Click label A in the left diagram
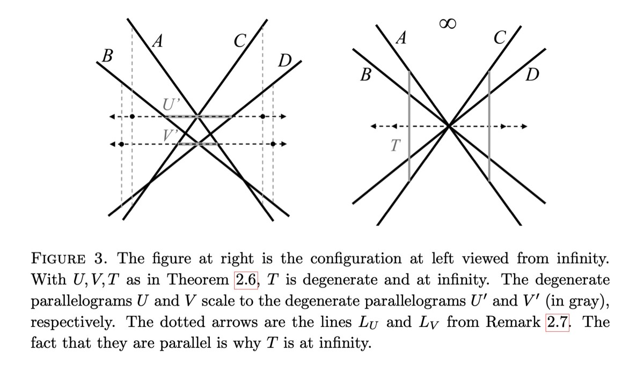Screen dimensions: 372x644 pos(157,41)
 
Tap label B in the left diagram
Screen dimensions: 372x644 pos(107,56)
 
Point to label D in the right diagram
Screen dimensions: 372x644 pos(532,76)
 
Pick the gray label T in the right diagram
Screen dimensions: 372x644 pos(396,145)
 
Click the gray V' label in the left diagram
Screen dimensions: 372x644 pos(171,133)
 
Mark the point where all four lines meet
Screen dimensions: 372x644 pos(449,127)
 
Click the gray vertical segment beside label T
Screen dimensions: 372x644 pos(409,127)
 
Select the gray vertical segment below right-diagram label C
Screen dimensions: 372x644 pos(489,127)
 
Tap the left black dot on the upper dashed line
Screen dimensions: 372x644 pos(133,116)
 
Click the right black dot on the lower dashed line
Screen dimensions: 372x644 pos(273,144)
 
